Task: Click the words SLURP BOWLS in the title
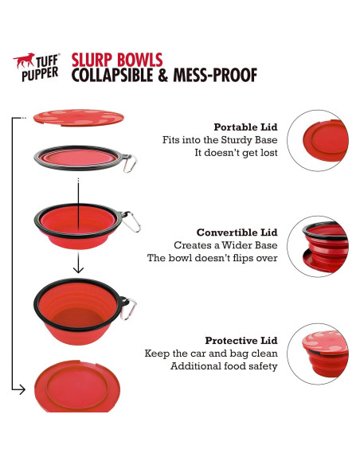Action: [x=117, y=60]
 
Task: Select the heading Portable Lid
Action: [x=245, y=127]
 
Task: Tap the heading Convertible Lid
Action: [x=237, y=232]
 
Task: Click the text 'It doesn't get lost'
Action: [x=237, y=153]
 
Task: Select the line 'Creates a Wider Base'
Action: [x=225, y=245]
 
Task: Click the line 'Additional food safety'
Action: [x=224, y=365]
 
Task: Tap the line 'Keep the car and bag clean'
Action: [x=210, y=353]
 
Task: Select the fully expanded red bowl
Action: [x=76, y=311]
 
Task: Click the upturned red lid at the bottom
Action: [x=78, y=389]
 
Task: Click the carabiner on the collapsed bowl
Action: [x=131, y=163]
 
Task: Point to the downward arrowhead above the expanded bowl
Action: [x=78, y=268]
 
